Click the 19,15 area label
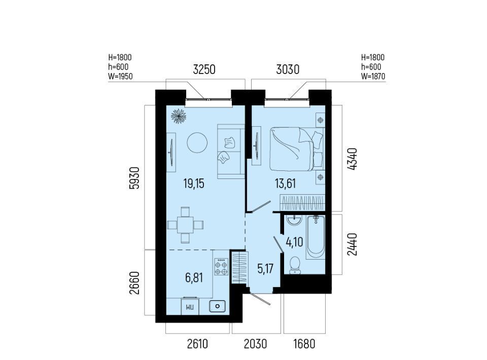(x=194, y=184)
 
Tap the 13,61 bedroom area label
(x=285, y=184)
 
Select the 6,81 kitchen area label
(x=194, y=278)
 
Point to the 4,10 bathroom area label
(x=294, y=242)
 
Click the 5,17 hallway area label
(x=265, y=268)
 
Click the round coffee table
(x=197, y=142)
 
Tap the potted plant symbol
(x=179, y=116)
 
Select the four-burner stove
(x=221, y=267)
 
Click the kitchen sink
(x=218, y=306)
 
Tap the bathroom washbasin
(x=294, y=220)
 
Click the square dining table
(x=185, y=225)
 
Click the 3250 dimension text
(x=204, y=69)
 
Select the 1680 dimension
(x=304, y=344)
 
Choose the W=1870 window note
(x=373, y=77)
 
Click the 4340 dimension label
(x=353, y=159)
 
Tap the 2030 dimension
(x=255, y=344)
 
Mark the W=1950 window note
(x=121, y=77)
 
